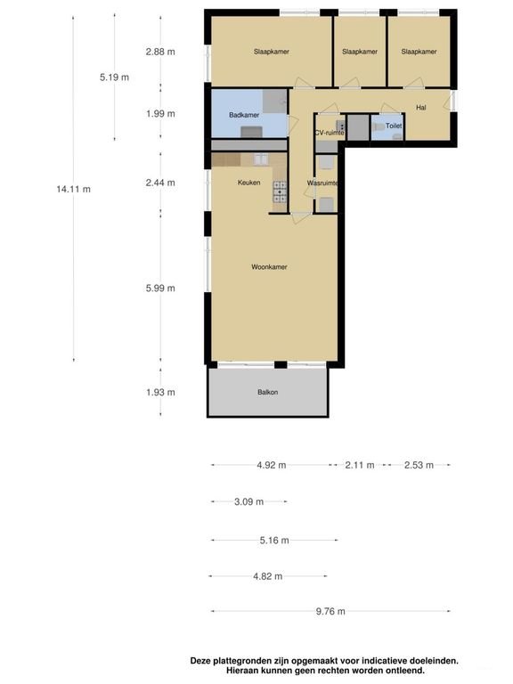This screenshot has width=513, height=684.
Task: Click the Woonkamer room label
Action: (x=269, y=267)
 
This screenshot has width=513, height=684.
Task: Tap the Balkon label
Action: (x=268, y=392)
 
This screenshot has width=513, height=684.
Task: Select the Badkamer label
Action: (x=244, y=115)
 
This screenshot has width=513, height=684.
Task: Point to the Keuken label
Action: (x=249, y=183)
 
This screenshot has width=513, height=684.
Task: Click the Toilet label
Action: (x=394, y=126)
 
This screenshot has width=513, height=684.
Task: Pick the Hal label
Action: (x=421, y=107)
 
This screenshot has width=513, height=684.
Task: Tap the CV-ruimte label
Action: (x=330, y=133)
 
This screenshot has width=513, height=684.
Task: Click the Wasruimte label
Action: (x=322, y=183)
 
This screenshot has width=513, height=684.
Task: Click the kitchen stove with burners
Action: (x=280, y=191)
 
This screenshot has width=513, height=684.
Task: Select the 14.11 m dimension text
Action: (x=74, y=190)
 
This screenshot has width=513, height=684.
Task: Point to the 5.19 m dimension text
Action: (x=114, y=77)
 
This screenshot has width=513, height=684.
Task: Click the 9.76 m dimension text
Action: (x=330, y=612)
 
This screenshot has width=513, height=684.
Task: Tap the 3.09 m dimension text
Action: (x=249, y=501)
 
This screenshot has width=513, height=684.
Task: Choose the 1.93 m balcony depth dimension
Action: (x=160, y=392)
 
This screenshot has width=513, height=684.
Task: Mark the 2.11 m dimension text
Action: (x=360, y=466)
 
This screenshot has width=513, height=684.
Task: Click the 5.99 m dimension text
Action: (x=160, y=289)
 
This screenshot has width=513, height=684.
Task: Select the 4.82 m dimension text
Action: (x=268, y=577)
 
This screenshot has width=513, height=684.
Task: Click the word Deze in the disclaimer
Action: (x=199, y=661)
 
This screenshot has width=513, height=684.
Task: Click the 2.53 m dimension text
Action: (x=419, y=466)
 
